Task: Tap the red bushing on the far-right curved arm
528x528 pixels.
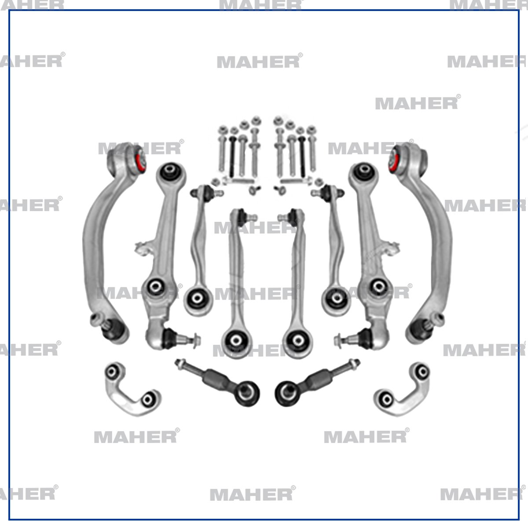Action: click(393, 159)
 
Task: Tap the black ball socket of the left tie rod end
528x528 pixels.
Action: click(246, 391)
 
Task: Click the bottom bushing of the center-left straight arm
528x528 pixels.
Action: click(236, 340)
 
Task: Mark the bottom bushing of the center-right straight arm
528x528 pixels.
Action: click(295, 340)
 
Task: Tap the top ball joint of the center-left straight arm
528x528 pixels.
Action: click(240, 216)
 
